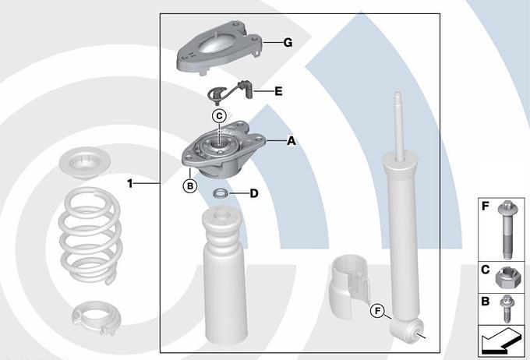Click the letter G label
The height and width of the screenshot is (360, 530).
(x=288, y=43)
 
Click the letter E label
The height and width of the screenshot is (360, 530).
(x=278, y=91)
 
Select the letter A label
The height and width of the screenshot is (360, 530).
(x=291, y=140)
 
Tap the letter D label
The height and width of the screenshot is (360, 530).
(x=254, y=194)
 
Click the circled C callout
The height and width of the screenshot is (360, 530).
(x=219, y=116)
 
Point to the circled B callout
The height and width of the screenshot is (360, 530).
(x=190, y=185)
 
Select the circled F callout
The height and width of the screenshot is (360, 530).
(x=377, y=311)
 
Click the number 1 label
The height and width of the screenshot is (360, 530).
(x=130, y=184)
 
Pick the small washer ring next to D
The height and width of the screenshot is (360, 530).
(x=221, y=194)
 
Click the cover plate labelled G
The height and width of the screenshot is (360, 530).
(x=219, y=48)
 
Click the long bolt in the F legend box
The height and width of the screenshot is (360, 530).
(x=506, y=230)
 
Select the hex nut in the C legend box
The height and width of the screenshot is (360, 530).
(x=506, y=277)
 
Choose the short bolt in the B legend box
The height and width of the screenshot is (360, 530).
(x=507, y=309)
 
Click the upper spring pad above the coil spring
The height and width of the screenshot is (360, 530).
(x=85, y=164)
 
